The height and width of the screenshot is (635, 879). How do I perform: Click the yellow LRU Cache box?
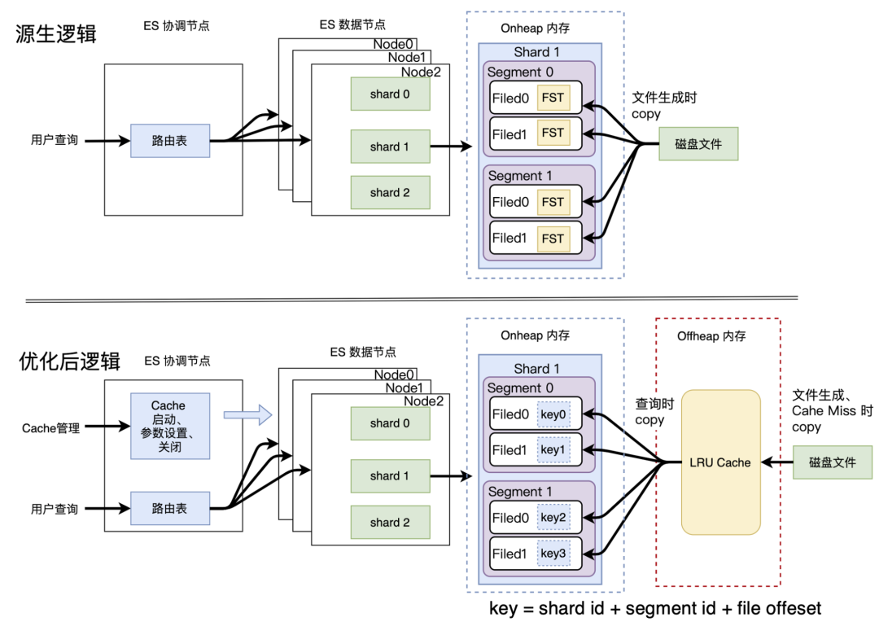[x=721, y=462]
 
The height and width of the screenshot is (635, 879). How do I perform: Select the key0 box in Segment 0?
[x=553, y=415]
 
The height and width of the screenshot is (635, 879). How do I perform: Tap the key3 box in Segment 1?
[x=553, y=554]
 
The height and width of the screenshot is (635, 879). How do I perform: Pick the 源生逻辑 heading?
[x=56, y=34]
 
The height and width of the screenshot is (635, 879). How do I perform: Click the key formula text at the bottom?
[x=655, y=608]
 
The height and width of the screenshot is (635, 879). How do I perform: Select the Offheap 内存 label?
[x=711, y=336]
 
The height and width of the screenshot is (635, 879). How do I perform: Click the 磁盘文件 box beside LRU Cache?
[x=832, y=462]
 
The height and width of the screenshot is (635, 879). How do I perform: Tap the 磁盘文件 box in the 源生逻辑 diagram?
[x=698, y=144]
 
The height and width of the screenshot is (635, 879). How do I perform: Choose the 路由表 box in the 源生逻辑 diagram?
[x=169, y=141]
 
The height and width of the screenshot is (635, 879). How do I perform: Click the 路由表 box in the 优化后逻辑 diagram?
[x=169, y=508]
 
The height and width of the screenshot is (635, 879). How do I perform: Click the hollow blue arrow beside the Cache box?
[x=247, y=415]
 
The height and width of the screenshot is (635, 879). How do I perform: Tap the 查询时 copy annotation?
[x=650, y=412]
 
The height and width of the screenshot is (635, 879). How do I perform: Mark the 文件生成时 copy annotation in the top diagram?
[x=664, y=105]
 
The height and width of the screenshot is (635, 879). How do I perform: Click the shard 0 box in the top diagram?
[x=390, y=94]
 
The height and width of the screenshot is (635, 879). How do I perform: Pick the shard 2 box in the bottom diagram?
[x=390, y=523]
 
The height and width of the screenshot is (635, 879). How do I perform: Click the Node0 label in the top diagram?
[x=395, y=44]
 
